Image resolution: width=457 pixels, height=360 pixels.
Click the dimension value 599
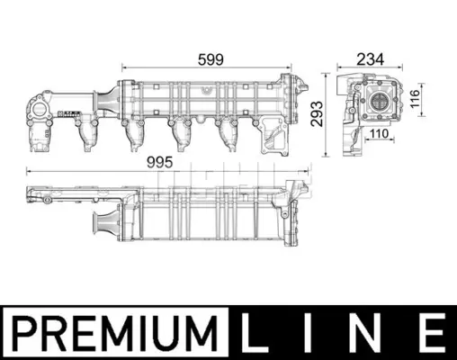coord(211,59)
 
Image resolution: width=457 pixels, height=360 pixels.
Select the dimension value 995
coord(160,163)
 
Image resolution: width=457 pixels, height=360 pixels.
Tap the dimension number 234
coord(370,59)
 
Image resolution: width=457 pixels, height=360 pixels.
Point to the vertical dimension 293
coord(317,113)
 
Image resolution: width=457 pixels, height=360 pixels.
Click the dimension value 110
coord(379,133)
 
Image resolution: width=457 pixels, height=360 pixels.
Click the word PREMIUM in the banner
coord(115,334)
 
